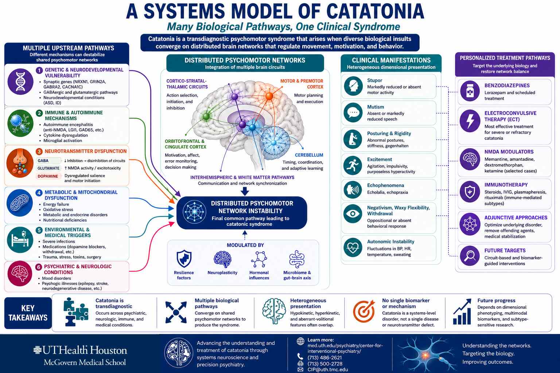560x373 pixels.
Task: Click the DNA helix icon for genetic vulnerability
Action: pyautogui.click(x=20, y=82)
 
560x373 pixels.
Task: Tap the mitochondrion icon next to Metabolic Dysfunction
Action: pyautogui.click(x=20, y=203)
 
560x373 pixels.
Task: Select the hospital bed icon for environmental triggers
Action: pyautogui.click(x=20, y=240)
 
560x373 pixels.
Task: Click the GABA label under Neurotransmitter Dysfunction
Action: pyautogui.click(x=43, y=161)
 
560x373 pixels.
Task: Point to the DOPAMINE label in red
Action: pyautogui.click(x=48, y=176)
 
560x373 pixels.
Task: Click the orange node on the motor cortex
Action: pyautogui.click(x=269, y=96)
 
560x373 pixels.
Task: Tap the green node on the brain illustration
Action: pyautogui.click(x=206, y=116)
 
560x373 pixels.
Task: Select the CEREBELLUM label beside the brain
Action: pyautogui.click(x=309, y=155)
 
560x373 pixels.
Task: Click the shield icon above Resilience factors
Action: pyautogui.click(x=184, y=259)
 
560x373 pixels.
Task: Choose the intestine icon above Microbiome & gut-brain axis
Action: pyautogui.click(x=297, y=259)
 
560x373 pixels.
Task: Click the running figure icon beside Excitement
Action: pyautogui.click(x=353, y=165)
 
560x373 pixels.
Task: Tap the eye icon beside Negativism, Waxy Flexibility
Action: pyautogui.click(x=353, y=213)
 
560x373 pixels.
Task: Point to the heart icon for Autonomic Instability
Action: pyautogui.click(x=353, y=248)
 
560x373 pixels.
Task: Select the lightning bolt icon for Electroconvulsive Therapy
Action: pyautogui.click(x=470, y=121)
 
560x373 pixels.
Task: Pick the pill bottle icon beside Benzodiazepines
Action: pyautogui.click(x=470, y=91)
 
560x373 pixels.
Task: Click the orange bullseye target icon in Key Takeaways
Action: pyautogui.click(x=364, y=311)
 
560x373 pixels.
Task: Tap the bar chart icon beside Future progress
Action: pyautogui.click(x=462, y=311)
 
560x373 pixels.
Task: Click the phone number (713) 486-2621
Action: pyautogui.click(x=324, y=357)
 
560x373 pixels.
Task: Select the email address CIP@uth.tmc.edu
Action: pyautogui.click(x=328, y=369)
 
